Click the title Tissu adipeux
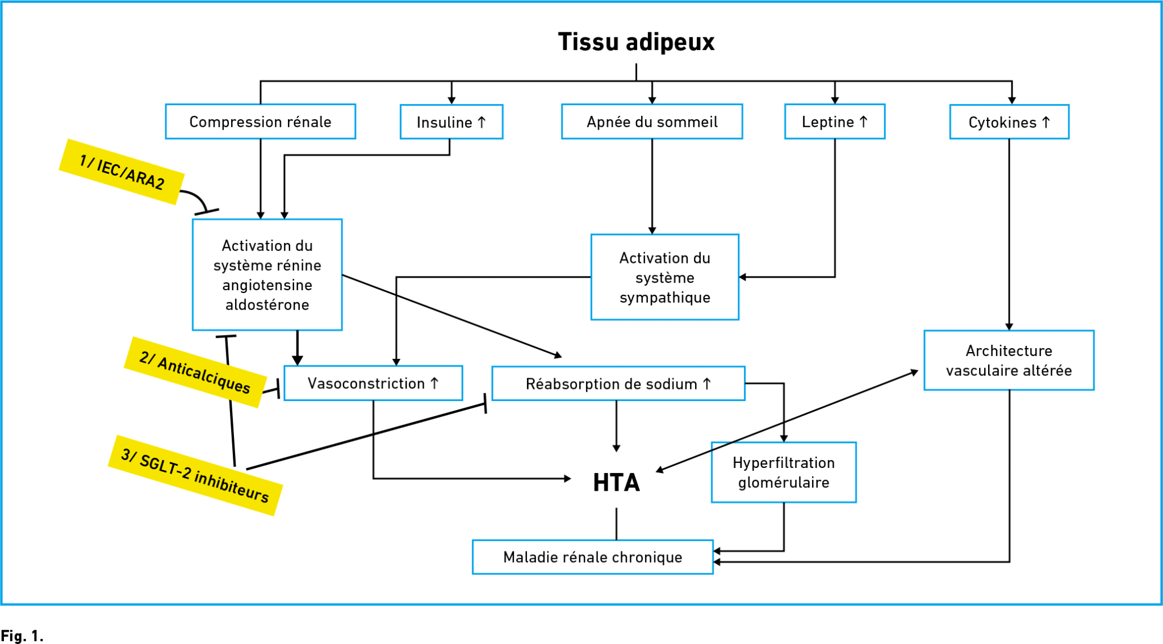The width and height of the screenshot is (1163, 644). [636, 42]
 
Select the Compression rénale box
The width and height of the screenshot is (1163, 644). [261, 122]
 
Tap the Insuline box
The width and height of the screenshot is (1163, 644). [451, 122]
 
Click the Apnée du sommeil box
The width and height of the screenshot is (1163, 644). [652, 122]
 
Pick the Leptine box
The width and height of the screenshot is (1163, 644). [835, 122]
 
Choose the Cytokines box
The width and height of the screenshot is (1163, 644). [1009, 122]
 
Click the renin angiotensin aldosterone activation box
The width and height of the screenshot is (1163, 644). [267, 275]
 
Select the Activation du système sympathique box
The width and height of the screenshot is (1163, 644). [665, 277]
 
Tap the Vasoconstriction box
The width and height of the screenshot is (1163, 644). [373, 383]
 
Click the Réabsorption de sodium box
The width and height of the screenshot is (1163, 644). [618, 384]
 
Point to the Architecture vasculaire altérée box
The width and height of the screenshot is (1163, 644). [1009, 361]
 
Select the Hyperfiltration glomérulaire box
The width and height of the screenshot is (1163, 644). [784, 472]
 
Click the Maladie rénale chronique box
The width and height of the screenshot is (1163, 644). [593, 557]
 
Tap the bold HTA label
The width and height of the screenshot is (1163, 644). [617, 483]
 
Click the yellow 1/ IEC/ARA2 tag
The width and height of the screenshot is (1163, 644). [122, 172]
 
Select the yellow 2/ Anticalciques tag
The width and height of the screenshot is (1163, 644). [195, 373]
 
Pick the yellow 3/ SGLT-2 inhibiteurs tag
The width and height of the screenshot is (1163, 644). [195, 475]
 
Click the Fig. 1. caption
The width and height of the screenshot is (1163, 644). [22, 635]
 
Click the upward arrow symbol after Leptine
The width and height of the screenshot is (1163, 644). [864, 122]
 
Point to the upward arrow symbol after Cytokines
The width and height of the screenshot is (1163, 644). [1046, 122]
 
